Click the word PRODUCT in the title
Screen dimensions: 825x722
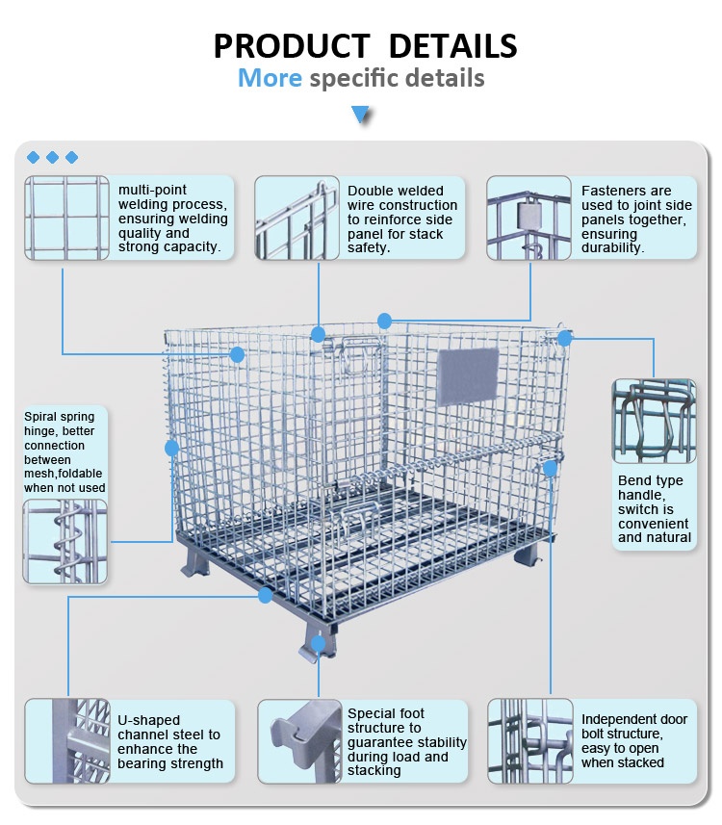(290, 45)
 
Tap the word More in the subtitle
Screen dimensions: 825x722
(270, 78)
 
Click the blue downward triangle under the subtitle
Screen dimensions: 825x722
(361, 116)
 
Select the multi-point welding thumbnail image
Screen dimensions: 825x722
(66, 218)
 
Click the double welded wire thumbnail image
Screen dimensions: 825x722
(297, 218)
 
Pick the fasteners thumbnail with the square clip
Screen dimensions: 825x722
(529, 218)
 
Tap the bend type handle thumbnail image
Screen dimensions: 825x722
(654, 421)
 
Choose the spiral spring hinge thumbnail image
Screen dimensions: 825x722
(64, 540)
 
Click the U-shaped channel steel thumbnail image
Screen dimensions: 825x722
(66, 739)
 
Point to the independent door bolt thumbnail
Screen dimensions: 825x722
(529, 739)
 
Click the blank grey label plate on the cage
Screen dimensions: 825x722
(468, 376)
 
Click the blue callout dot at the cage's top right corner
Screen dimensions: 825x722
(565, 338)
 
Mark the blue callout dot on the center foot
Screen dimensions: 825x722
(319, 640)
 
